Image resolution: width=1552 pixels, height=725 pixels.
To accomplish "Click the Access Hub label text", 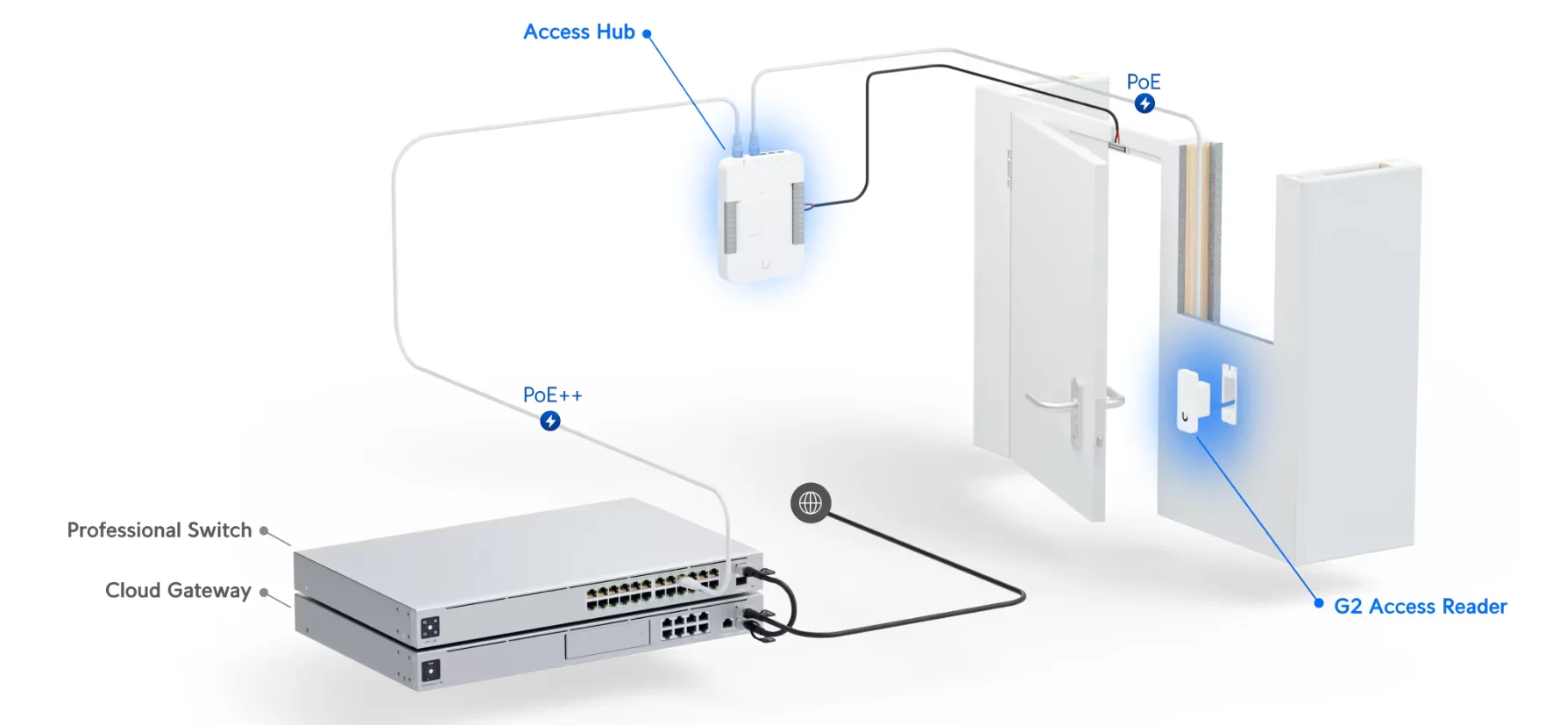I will (578, 32).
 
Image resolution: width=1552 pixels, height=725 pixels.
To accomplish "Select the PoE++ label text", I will (552, 395).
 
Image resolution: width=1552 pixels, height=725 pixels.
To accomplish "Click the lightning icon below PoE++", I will (550, 422).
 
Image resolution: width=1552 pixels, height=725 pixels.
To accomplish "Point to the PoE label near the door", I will (1143, 82).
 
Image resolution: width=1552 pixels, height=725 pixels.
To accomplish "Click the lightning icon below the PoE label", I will (1145, 103).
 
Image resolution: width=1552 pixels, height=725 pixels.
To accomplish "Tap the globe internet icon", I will (811, 503).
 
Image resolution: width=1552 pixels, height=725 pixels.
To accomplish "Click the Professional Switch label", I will (159, 530).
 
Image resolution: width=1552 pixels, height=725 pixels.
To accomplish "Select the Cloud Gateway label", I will (178, 591).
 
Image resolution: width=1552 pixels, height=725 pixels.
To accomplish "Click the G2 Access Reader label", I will (1420, 607).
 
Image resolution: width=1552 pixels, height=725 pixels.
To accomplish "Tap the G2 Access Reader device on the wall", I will (1188, 400).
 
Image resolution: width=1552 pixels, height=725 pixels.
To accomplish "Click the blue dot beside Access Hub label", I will (647, 34).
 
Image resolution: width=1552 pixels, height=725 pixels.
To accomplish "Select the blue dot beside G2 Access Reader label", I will (1319, 603).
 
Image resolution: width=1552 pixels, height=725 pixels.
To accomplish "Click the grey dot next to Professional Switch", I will (263, 530).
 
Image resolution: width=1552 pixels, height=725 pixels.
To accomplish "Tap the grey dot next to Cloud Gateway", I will (263, 592).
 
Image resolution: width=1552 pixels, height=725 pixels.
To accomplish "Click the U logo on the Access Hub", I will (766, 264).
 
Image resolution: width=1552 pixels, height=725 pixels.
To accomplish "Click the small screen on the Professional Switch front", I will (430, 628).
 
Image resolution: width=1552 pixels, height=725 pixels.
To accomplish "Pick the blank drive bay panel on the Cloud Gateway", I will (606, 641).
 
